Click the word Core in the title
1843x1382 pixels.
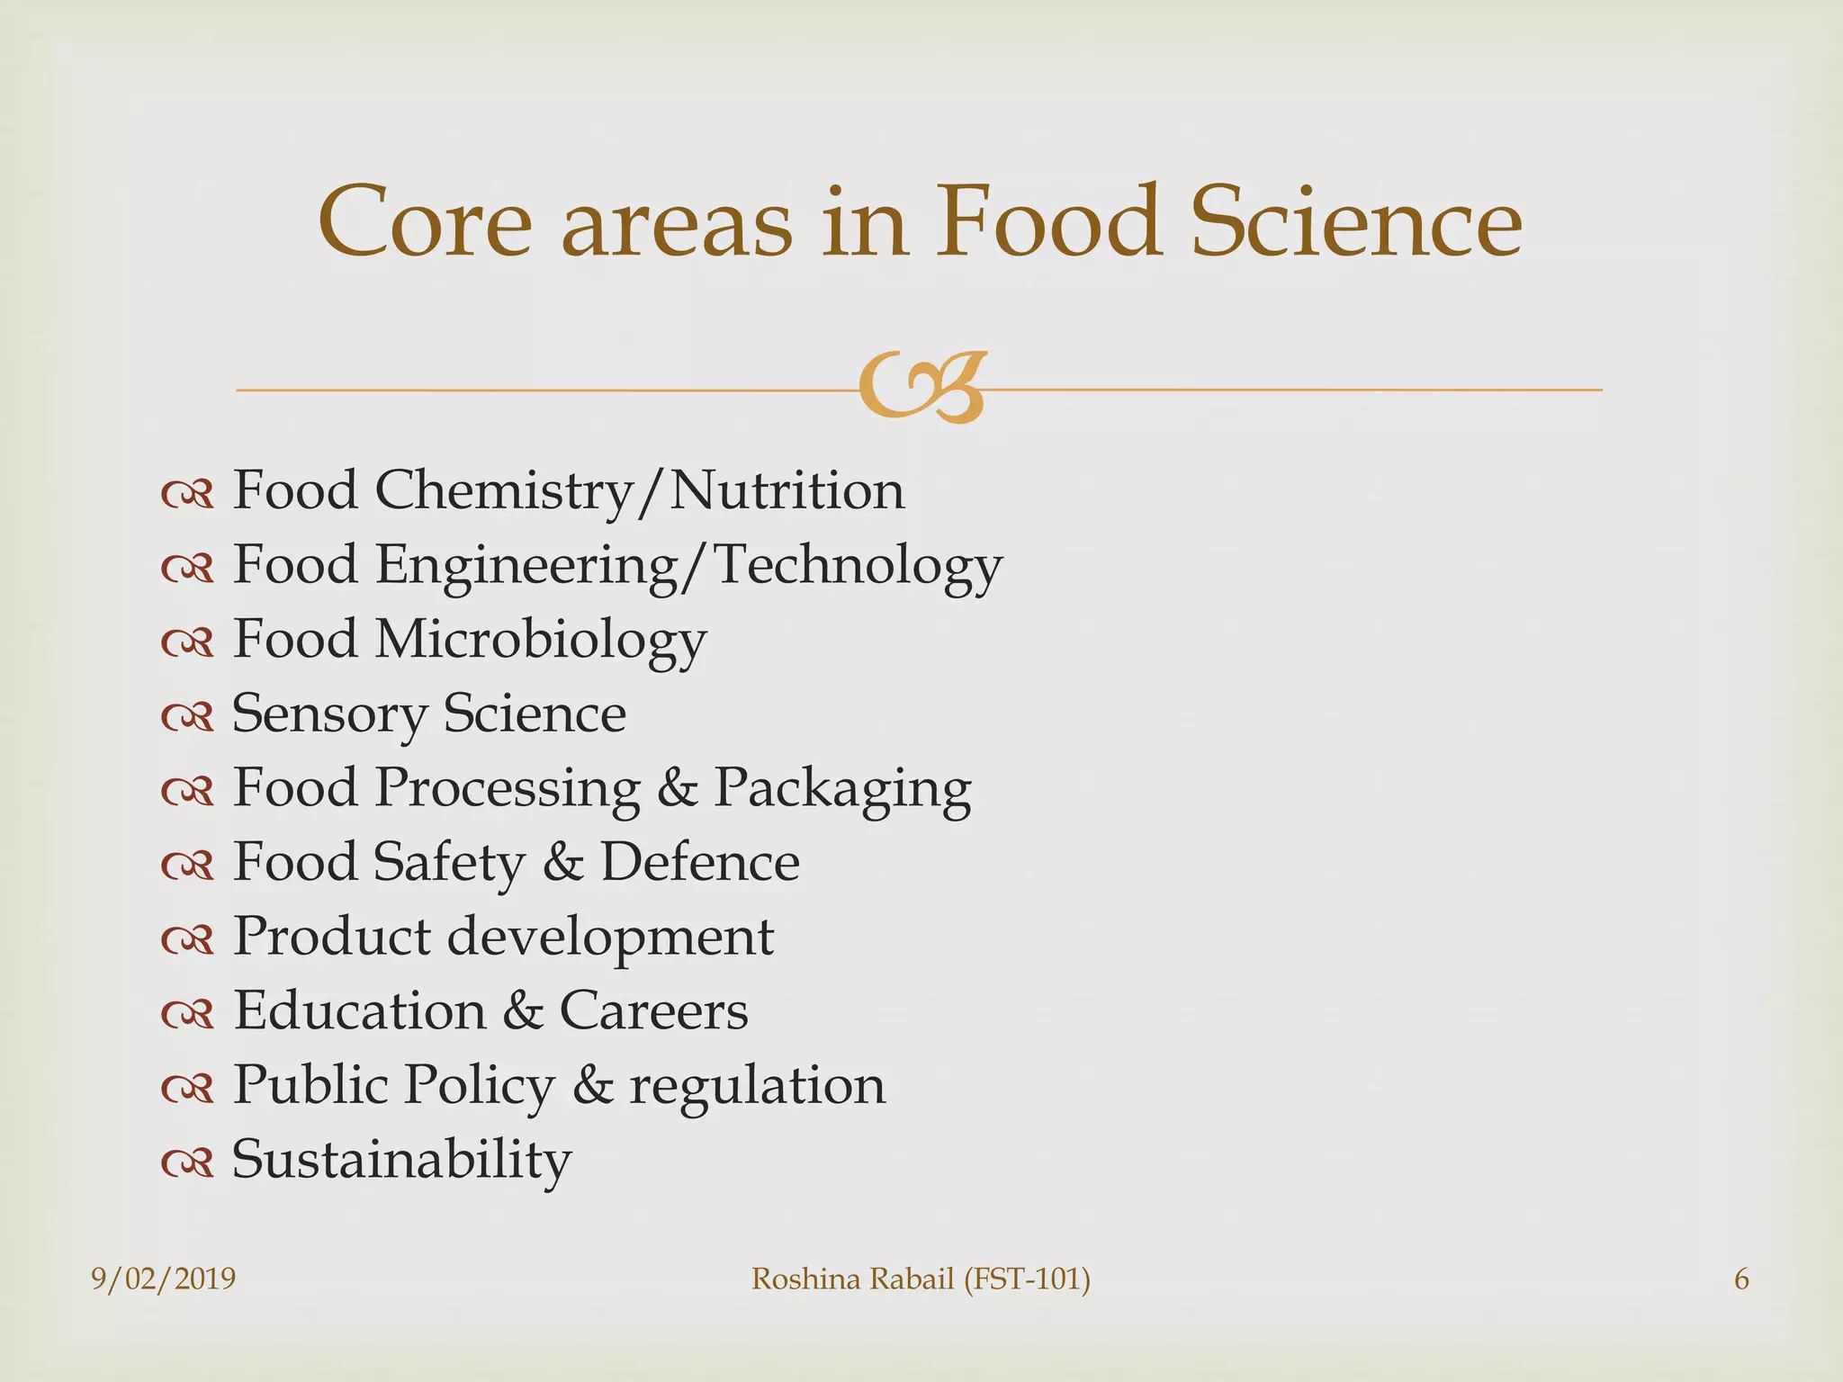pyautogui.click(x=425, y=221)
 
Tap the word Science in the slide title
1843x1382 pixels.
pyautogui.click(x=1356, y=221)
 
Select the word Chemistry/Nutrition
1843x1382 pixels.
pyautogui.click(x=640, y=491)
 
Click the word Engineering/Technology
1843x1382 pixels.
pyautogui.click(x=688, y=566)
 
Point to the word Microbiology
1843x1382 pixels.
pyautogui.click(x=541, y=641)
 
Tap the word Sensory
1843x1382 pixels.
pyautogui.click(x=329, y=714)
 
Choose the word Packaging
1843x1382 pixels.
pyautogui.click(x=842, y=789)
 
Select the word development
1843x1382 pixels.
pyautogui.click(x=610, y=937)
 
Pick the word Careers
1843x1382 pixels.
pyautogui.click(x=653, y=1010)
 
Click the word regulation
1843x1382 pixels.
pyautogui.click(x=757, y=1085)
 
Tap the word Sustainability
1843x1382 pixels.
pyautogui.click(x=401, y=1160)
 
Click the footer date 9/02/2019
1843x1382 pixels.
pyautogui.click(x=164, y=1279)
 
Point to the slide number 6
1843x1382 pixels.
pyautogui.click(x=1741, y=1279)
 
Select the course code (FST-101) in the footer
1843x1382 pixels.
pyautogui.click(x=1027, y=1279)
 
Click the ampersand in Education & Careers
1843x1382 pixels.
pyautogui.click(x=523, y=1010)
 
